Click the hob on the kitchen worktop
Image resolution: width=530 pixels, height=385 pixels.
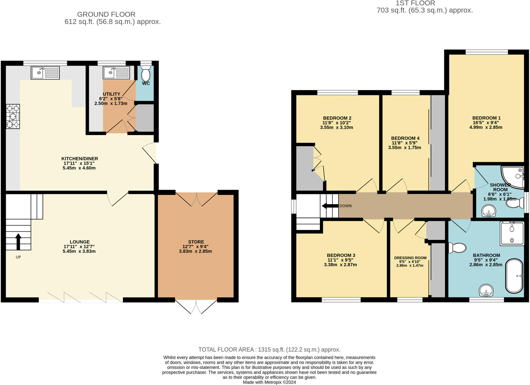[13, 116]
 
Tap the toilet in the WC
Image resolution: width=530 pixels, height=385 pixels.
[146, 74]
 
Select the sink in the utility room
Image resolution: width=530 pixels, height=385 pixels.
[116, 73]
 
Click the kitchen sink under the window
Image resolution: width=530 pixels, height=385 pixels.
[45, 73]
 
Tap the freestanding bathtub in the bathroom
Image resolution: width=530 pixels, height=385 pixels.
[514, 276]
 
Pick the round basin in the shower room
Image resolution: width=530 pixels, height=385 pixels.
[489, 211]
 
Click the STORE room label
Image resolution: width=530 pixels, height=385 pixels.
[196, 242]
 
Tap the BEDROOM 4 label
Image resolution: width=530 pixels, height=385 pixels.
[405, 138]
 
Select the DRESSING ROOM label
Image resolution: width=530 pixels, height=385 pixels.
[410, 258]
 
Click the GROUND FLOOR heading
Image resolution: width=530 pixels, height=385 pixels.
[106, 14]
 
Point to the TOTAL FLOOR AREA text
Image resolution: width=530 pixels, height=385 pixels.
[269, 350]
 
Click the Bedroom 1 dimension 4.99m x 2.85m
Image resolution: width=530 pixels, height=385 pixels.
[486, 127]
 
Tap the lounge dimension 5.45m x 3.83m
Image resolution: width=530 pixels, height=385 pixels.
[79, 251]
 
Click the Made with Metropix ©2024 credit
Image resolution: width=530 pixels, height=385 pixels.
[269, 382]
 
